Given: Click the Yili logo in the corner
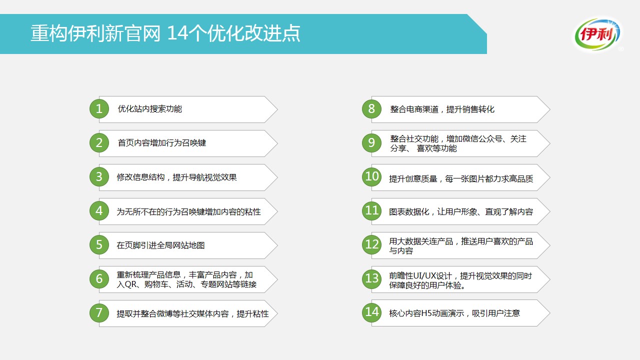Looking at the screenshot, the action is pyautogui.click(x=597, y=34).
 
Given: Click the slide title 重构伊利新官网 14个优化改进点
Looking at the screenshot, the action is pyautogui.click(x=165, y=33).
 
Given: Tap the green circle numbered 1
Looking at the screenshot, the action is pyautogui.click(x=99, y=109).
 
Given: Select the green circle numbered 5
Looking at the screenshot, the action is pyautogui.click(x=99, y=245).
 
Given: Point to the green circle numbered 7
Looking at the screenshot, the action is pyautogui.click(x=99, y=313).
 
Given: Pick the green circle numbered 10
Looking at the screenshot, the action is pyautogui.click(x=371, y=176).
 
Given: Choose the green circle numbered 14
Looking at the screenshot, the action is pyautogui.click(x=371, y=312).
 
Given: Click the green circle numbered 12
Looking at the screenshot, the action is pyautogui.click(x=371, y=244).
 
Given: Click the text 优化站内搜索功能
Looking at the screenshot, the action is pyautogui.click(x=149, y=109).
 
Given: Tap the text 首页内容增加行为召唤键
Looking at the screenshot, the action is pyautogui.click(x=161, y=143).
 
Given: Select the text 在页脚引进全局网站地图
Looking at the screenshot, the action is pyautogui.click(x=160, y=245).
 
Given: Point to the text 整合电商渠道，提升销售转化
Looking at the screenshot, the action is pyautogui.click(x=442, y=109).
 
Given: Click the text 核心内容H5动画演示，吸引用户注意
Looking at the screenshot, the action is pyautogui.click(x=454, y=313).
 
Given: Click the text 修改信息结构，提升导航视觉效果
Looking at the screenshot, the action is pyautogui.click(x=176, y=177).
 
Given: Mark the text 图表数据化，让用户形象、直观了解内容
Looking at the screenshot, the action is pyautogui.click(x=461, y=211).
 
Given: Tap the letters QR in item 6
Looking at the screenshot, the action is pyautogui.click(x=130, y=284).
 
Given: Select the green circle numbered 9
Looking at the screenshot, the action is pyautogui.click(x=371, y=142).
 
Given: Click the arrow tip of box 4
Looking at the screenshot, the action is pyautogui.click(x=277, y=211).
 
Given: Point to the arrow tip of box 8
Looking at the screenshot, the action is pyautogui.click(x=549, y=109).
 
